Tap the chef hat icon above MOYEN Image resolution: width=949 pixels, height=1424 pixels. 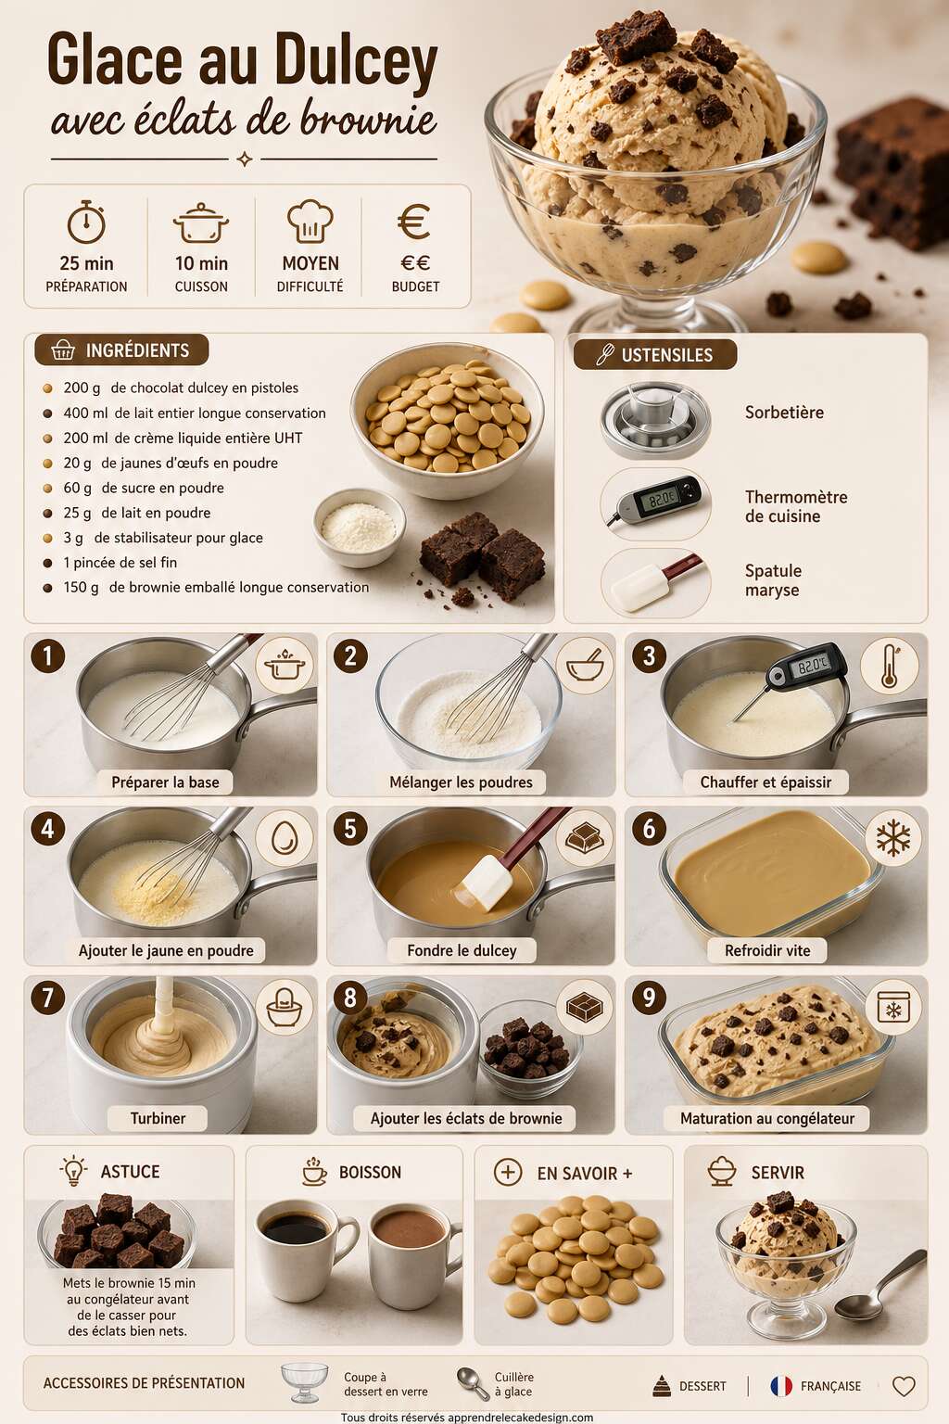[310, 222]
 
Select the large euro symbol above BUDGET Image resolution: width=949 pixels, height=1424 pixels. [414, 222]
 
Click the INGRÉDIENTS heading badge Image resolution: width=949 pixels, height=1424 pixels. [121, 350]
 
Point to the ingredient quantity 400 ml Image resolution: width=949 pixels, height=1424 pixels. [85, 413]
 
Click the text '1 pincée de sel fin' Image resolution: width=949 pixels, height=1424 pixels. [120, 563]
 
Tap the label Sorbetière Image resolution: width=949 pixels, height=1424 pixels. [784, 413]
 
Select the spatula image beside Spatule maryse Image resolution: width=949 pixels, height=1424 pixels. [655, 581]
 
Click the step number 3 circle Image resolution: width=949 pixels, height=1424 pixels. [649, 655]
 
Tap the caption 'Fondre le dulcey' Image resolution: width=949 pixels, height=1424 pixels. [462, 950]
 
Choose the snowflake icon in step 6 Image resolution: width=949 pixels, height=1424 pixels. [893, 837]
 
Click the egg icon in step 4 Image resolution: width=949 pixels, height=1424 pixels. [285, 838]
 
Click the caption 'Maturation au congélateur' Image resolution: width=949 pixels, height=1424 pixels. [767, 1118]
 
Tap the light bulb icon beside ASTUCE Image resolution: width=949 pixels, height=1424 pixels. [73, 1170]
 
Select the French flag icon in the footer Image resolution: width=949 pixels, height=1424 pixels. [781, 1386]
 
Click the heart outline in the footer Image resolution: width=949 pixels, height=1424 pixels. [904, 1387]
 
